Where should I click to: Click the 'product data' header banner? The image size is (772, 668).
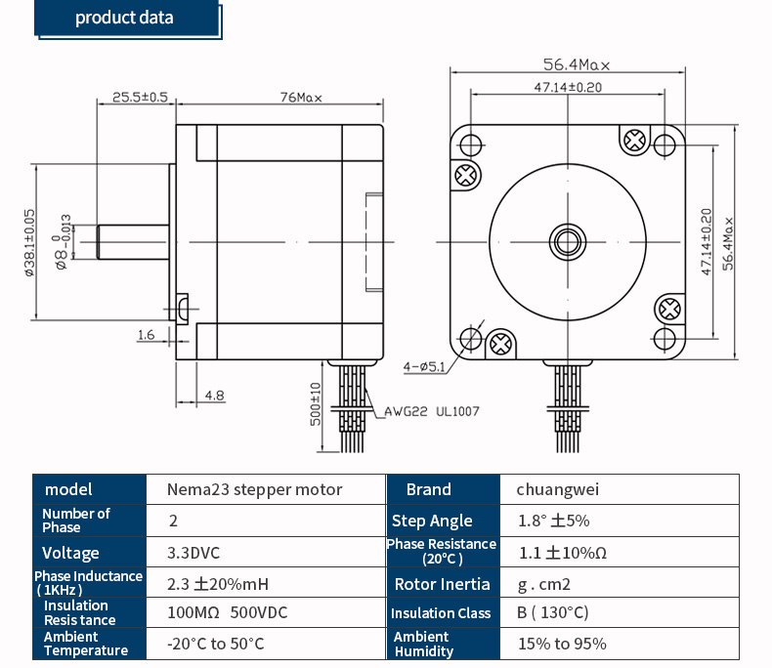pyautogui.click(x=125, y=19)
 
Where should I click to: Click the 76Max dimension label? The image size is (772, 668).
pyautogui.click(x=301, y=98)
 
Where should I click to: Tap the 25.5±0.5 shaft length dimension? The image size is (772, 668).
pyautogui.click(x=140, y=98)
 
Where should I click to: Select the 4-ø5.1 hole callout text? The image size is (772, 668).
pyautogui.click(x=424, y=367)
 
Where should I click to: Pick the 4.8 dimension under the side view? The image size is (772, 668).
pyautogui.click(x=214, y=396)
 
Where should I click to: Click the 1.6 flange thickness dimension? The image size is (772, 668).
pyautogui.click(x=146, y=335)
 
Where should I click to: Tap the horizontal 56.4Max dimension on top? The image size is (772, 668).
pyautogui.click(x=576, y=65)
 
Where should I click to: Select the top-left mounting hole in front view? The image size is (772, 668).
pyautogui.click(x=471, y=145)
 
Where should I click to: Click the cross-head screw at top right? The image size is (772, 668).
pyautogui.click(x=634, y=141)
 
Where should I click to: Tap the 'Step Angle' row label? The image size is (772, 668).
pyautogui.click(x=432, y=521)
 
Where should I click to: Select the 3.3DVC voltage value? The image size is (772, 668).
pyautogui.click(x=193, y=553)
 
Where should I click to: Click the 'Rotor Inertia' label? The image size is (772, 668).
pyautogui.click(x=442, y=584)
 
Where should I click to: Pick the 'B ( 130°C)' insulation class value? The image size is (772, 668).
pyautogui.click(x=553, y=612)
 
